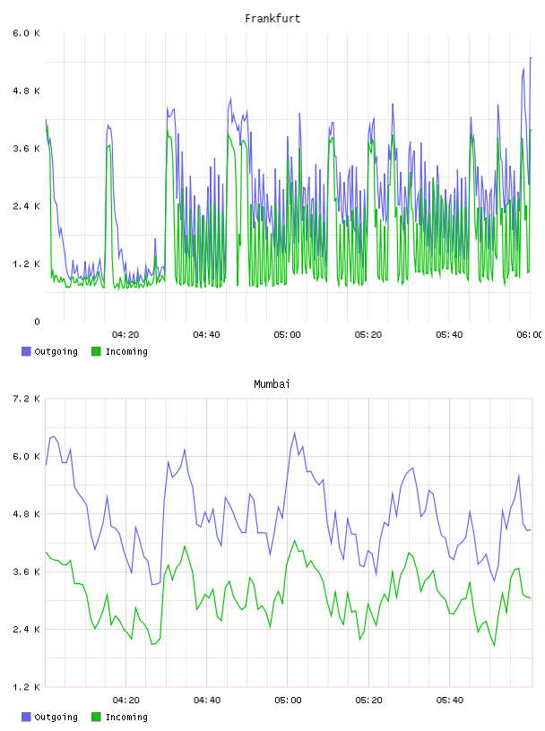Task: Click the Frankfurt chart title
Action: (272, 19)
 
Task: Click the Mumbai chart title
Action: (272, 384)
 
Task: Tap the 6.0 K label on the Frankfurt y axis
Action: (27, 33)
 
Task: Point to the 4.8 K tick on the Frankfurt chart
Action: (27, 90)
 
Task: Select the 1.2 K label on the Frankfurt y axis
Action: (27, 264)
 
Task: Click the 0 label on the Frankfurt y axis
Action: (37, 322)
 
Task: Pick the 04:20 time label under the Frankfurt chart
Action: (125, 334)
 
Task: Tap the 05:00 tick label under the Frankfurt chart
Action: (288, 334)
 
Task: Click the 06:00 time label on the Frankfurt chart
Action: (530, 334)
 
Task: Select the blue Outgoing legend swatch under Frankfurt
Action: (26, 351)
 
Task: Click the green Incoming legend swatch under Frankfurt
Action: (96, 351)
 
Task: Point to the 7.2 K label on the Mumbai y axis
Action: (27, 399)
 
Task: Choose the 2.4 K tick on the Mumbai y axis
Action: (27, 630)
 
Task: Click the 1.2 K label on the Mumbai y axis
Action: (27, 687)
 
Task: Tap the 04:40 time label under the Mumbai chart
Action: (207, 700)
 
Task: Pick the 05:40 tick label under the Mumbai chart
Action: (450, 700)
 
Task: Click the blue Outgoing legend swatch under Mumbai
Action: (26, 717)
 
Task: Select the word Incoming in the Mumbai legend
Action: (126, 717)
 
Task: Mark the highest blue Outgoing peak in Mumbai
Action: (294, 433)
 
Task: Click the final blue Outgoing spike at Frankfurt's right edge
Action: (531, 58)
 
